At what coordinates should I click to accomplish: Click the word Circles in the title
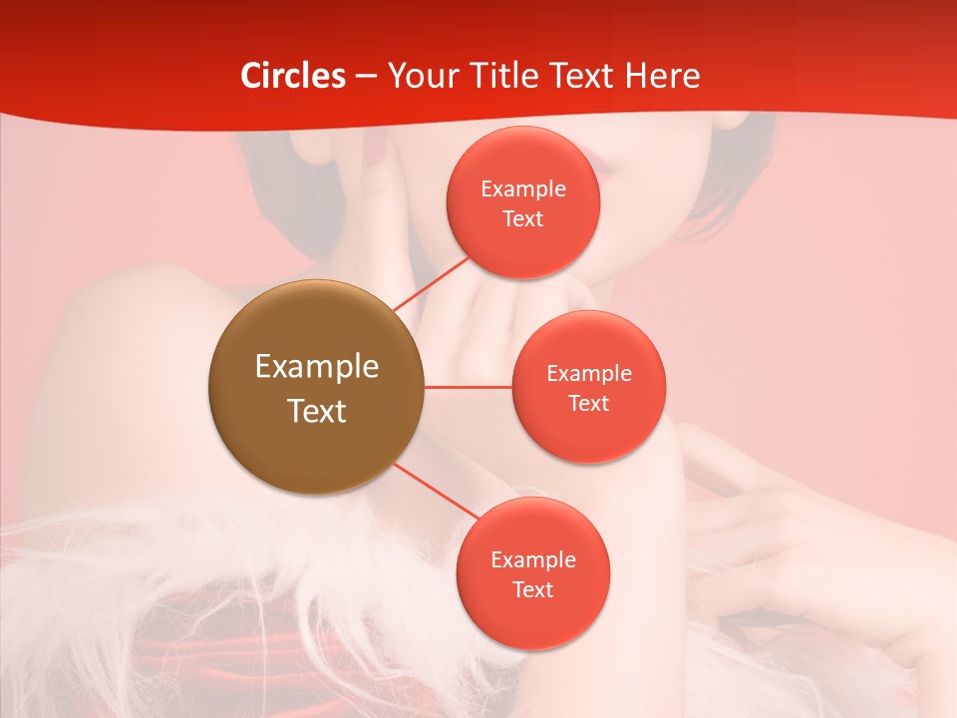pos(293,76)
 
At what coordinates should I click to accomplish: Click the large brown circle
pos(316,439)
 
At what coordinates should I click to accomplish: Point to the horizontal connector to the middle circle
pos(468,386)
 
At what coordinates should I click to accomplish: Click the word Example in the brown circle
pos(317,367)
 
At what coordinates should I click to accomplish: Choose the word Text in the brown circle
pos(317,410)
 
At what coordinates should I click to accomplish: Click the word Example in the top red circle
pos(523,189)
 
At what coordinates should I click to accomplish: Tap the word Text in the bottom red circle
pos(532,589)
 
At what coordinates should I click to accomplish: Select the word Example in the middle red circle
pos(589,374)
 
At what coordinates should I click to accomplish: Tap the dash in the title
pos(365,77)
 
